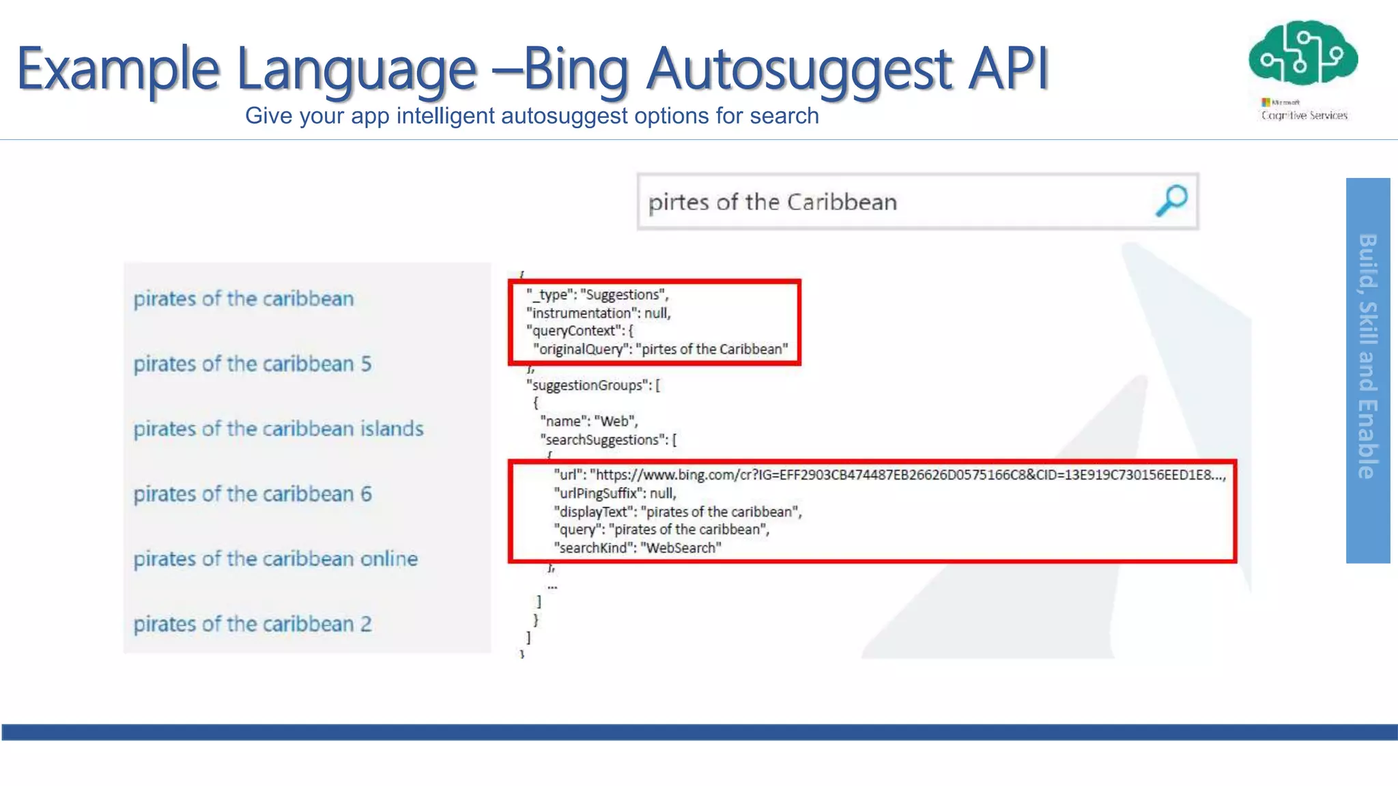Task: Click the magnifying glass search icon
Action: coord(1171,201)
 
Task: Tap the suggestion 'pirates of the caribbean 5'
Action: coord(252,364)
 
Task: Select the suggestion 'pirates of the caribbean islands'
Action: coord(278,428)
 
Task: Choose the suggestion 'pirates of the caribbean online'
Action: coord(275,559)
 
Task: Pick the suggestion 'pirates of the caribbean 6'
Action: coord(252,494)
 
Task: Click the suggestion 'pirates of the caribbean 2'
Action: coord(252,624)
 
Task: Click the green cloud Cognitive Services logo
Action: coord(1303,55)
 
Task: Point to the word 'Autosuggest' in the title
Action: coord(799,68)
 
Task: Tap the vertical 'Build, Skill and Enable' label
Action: coord(1367,356)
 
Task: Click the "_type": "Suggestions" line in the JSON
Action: coord(597,295)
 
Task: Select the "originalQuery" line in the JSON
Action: coord(660,349)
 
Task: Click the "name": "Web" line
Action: coord(588,422)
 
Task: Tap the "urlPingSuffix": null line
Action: coord(614,493)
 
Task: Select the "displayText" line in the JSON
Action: coord(677,512)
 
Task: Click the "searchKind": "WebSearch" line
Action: coord(637,548)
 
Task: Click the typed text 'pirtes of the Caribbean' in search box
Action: coord(772,202)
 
